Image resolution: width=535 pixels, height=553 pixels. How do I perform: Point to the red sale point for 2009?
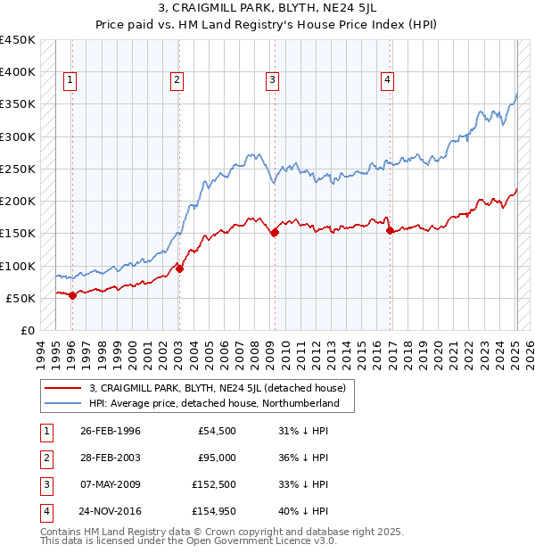point(275,232)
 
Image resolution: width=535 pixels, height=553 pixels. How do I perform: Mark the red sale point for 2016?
point(390,230)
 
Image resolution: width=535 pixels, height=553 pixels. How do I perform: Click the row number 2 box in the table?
point(45,458)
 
